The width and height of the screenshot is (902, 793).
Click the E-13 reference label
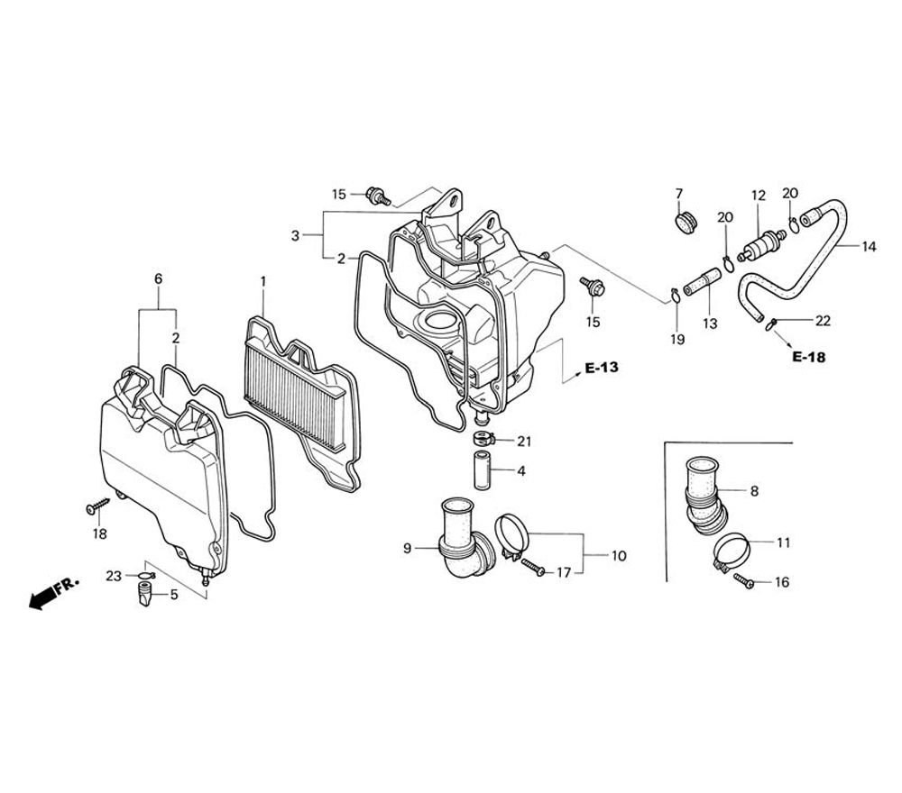[602, 368]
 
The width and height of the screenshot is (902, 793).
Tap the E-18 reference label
[808, 357]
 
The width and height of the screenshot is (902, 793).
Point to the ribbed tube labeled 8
[705, 491]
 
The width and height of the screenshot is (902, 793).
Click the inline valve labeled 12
[758, 244]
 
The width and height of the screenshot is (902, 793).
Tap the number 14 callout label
[868, 246]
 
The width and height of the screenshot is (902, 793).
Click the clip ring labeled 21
[487, 440]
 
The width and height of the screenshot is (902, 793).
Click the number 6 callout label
[158, 279]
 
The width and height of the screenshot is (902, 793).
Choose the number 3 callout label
[295, 236]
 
